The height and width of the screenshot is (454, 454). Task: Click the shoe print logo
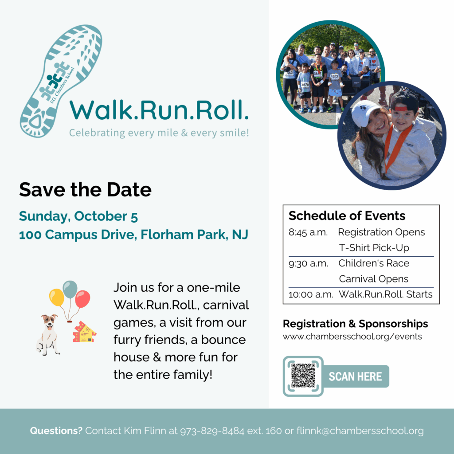point(61,81)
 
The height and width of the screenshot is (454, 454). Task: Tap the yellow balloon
point(57,297)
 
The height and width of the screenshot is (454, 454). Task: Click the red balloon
point(82,299)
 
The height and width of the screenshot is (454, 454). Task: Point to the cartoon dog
point(48,335)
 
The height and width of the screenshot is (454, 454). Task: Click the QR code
point(303,376)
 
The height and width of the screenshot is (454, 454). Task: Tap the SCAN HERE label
point(355,376)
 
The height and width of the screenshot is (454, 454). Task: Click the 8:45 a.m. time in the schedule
point(308,232)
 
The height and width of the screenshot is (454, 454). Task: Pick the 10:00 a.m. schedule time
point(311,294)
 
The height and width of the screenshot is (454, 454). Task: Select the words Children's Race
point(374,263)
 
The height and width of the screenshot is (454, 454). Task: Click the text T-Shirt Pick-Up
point(374,248)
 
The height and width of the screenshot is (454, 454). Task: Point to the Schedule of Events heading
point(347,216)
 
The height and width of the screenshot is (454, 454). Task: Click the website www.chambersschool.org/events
point(352,337)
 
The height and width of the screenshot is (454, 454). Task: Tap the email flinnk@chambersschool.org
point(360,431)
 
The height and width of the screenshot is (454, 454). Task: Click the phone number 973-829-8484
point(212,431)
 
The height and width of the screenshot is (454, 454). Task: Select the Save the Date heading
point(85,190)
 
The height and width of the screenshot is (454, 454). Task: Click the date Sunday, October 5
point(78,216)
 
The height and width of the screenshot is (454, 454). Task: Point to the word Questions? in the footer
point(56,431)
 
